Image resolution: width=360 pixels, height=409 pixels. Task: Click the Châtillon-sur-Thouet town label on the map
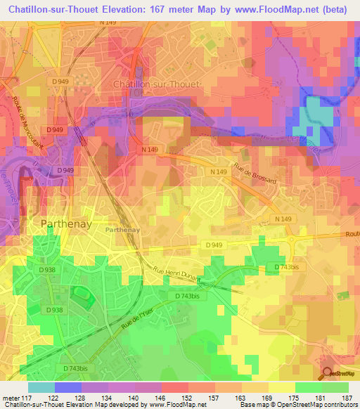tap(157, 84)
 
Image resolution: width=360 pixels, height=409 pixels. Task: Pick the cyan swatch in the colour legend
tap(41, 387)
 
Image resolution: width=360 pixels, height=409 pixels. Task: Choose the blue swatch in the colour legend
tap(68, 387)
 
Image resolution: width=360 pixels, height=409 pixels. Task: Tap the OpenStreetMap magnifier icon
tap(327, 373)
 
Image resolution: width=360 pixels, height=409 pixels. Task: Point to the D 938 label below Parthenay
tap(46, 269)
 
